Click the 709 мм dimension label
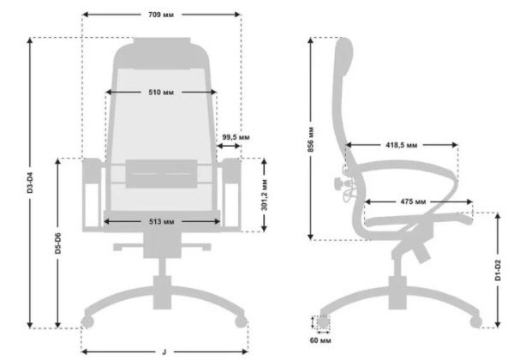point(161,15)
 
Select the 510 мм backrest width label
point(161,93)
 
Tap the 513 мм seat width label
point(162,222)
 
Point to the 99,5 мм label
point(236,137)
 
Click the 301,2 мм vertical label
point(265,195)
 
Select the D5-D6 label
point(58,243)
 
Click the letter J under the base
point(164,352)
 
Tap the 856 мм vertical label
point(311,140)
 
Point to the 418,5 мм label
point(402,145)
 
